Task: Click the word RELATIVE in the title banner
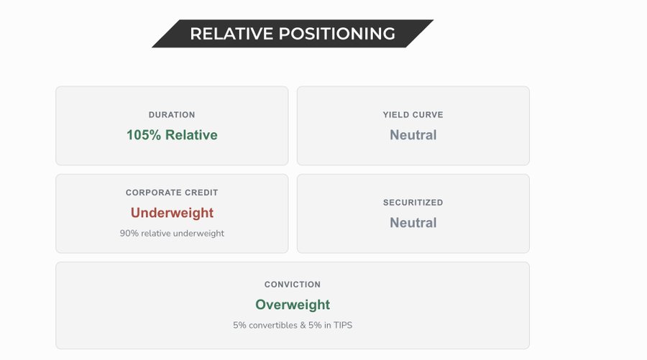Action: (x=231, y=34)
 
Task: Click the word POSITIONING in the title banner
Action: (x=337, y=34)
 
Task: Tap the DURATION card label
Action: (x=172, y=115)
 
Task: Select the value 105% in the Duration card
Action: (x=144, y=135)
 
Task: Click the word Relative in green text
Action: (x=191, y=135)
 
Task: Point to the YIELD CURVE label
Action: (x=413, y=115)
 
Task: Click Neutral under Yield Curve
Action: (x=413, y=135)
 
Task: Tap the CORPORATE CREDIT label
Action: (x=172, y=193)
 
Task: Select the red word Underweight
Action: (x=172, y=213)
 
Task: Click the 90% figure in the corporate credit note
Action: (x=129, y=234)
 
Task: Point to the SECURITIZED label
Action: (x=413, y=203)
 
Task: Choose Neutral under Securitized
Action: (x=413, y=223)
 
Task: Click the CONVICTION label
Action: (x=293, y=285)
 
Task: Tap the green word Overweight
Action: (x=293, y=305)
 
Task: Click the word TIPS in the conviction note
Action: (x=343, y=326)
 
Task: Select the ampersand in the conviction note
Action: (x=303, y=326)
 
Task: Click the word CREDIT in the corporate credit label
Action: (x=202, y=193)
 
